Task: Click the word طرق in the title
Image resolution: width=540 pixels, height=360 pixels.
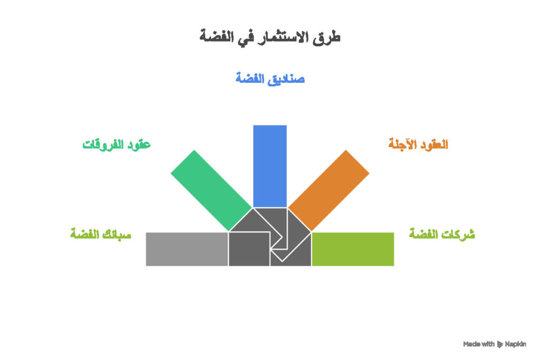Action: pyautogui.click(x=329, y=37)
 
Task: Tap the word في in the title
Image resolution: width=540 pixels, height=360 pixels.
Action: pyautogui.click(x=244, y=37)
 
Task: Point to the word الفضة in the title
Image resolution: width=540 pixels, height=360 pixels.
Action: pyautogui.click(x=217, y=37)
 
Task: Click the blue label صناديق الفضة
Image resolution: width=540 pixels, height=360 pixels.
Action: pyautogui.click(x=270, y=79)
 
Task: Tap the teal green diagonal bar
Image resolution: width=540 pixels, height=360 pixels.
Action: pyautogui.click(x=211, y=190)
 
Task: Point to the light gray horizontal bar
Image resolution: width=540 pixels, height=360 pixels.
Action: pyautogui.click(x=187, y=249)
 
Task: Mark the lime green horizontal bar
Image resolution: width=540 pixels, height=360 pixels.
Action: pyautogui.click(x=353, y=249)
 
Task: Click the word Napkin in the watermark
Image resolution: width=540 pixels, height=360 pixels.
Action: pyautogui.click(x=515, y=344)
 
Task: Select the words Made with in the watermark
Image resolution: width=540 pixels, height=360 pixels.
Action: pyautogui.click(x=479, y=344)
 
